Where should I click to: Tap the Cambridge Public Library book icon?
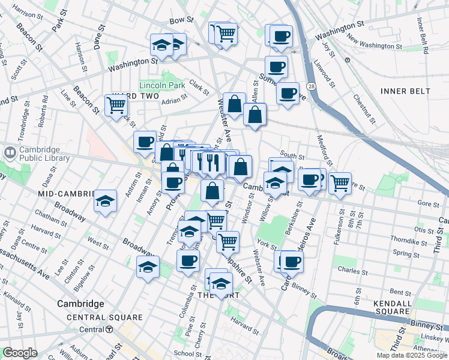tap(10, 152)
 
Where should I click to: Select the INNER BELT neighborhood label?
tap(405, 91)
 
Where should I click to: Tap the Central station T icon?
tap(110, 329)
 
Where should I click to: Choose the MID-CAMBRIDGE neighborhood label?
tap(67, 194)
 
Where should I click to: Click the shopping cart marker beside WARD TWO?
tap(116, 105)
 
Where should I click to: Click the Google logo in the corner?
tap(20, 353)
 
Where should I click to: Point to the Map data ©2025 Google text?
tap(411, 355)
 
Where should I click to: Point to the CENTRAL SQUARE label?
tap(104, 317)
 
